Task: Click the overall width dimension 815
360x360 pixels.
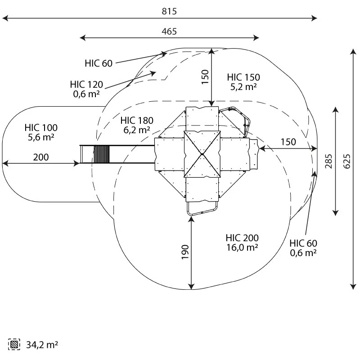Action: click(x=169, y=12)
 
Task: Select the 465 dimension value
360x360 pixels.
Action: click(x=169, y=31)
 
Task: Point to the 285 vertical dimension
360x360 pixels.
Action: click(x=329, y=161)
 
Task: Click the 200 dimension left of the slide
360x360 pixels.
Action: click(x=40, y=157)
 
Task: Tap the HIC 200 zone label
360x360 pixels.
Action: click(x=242, y=238)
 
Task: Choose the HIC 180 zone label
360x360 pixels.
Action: click(x=137, y=121)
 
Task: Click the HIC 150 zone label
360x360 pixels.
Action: click(x=243, y=77)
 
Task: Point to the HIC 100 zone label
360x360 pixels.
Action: click(x=41, y=128)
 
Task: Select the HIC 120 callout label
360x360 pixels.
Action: click(x=86, y=85)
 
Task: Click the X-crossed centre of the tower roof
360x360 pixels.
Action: click(x=202, y=154)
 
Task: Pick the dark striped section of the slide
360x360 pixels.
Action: click(x=101, y=154)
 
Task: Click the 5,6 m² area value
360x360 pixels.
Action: click(x=41, y=137)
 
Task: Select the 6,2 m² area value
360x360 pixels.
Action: click(x=137, y=130)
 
